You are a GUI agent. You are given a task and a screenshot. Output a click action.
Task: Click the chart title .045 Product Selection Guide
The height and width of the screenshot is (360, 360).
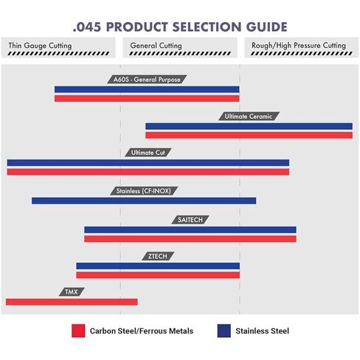(x=180, y=27)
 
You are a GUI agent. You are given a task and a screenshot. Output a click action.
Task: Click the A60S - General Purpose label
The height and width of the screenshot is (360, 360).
(x=147, y=80)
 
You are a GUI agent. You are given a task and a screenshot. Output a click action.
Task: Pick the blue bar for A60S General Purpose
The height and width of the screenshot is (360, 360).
(x=147, y=89)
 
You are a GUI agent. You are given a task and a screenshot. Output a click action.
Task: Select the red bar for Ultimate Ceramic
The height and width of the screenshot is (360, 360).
(x=249, y=135)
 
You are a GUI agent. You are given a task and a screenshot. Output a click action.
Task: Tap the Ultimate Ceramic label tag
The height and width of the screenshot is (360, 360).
(x=249, y=117)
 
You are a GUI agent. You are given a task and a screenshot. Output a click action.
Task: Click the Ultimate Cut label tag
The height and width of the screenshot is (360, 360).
(x=148, y=153)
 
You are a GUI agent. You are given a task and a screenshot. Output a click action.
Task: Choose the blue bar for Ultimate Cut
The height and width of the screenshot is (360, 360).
(x=148, y=163)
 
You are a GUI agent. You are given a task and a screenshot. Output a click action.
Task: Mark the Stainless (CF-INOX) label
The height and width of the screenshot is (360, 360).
(x=144, y=191)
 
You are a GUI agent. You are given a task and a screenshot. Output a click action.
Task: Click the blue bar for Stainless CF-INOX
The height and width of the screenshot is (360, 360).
(x=144, y=201)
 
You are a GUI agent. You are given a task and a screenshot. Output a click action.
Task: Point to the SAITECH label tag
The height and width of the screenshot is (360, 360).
(x=190, y=220)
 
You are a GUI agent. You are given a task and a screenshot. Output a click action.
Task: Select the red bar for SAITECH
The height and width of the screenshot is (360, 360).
(x=190, y=239)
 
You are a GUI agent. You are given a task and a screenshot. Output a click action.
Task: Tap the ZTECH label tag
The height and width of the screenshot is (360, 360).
(x=158, y=256)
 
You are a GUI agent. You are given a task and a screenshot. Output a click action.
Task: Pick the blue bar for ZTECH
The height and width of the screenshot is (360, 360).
(x=158, y=266)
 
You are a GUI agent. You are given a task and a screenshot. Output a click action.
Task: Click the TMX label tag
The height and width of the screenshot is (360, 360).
(x=72, y=292)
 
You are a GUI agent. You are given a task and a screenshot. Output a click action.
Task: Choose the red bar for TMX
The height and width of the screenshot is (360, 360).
(x=72, y=302)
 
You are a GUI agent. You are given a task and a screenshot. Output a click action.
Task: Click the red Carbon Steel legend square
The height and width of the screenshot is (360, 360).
(x=78, y=330)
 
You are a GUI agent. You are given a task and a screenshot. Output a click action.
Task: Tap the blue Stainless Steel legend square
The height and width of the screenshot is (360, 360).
(x=224, y=330)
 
